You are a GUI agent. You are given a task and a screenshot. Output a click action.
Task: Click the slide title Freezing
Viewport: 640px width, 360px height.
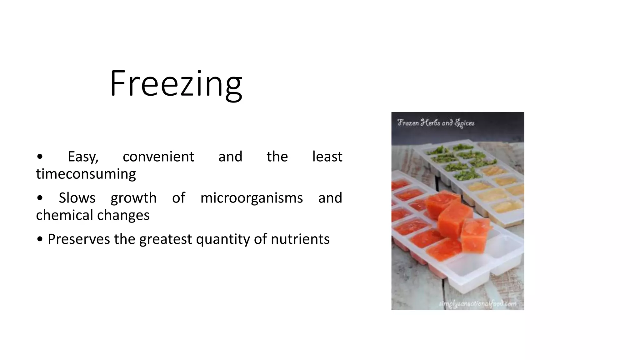tap(176, 84)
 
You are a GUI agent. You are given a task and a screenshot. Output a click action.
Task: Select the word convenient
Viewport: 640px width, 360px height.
tap(158, 157)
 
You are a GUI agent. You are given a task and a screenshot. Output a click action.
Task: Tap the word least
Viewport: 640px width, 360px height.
tap(327, 157)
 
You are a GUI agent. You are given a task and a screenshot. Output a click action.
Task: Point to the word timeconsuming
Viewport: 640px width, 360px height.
tap(86, 174)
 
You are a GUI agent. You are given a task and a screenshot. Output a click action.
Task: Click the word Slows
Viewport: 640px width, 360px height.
tap(77, 198)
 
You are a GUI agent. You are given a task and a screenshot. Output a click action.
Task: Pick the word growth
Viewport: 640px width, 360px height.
tap(133, 198)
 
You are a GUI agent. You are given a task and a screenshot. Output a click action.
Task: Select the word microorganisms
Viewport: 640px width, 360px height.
tap(252, 198)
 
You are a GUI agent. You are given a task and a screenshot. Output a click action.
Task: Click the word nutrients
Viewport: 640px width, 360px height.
tap(300, 239)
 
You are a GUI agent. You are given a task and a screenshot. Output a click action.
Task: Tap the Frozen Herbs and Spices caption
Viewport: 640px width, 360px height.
tap(436, 123)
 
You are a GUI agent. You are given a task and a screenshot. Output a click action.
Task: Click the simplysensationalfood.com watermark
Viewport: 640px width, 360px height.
tap(477, 304)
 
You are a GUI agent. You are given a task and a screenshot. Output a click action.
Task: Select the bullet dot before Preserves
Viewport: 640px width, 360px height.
tap(40, 239)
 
